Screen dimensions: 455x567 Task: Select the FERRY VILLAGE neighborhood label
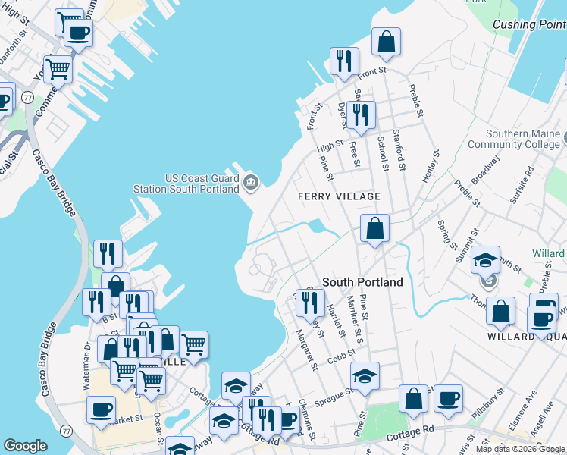339,196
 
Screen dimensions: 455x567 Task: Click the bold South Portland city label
362,281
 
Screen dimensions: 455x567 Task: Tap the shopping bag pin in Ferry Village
374,227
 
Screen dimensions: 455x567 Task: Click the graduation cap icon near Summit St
485,260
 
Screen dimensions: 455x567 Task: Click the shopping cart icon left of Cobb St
193,344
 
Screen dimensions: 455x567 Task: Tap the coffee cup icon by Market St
100,409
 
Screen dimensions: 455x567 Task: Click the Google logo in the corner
25,446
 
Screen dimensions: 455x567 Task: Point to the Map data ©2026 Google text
519,449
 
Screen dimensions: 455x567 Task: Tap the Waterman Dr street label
86,359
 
